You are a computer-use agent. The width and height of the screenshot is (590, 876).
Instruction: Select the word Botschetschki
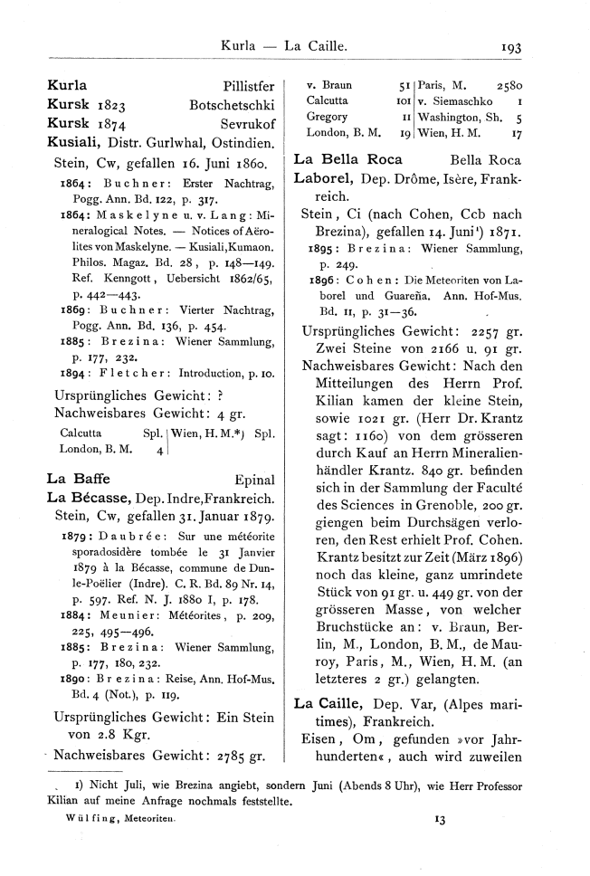[x=232, y=108]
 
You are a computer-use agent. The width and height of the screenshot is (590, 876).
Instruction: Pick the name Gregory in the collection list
[x=327, y=118]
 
